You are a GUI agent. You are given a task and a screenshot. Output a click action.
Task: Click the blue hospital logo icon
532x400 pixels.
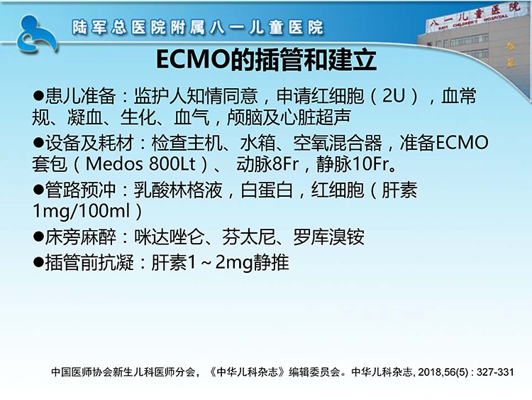pos(37,34)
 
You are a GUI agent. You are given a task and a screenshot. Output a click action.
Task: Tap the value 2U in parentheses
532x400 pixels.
pos(394,96)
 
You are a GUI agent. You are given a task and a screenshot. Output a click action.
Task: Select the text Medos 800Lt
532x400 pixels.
pos(141,164)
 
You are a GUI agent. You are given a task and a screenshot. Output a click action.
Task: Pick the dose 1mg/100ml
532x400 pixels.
pos(82,211)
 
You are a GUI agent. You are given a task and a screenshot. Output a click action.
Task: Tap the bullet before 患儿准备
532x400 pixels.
pos(38,95)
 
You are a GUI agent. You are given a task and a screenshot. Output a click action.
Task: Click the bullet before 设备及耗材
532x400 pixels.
pos(38,142)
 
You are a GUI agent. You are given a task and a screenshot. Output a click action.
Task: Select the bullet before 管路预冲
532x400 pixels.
pos(38,189)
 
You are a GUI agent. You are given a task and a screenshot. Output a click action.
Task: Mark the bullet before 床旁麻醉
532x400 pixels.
pos(38,236)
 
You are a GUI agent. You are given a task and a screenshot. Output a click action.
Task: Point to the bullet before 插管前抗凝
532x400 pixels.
pos(38,262)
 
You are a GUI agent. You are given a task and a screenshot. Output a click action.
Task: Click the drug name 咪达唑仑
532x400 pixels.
pos(169,237)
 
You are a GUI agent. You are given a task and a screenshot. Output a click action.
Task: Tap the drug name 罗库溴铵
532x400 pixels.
pos(328,237)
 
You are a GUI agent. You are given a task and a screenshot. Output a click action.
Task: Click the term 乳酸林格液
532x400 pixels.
pos(178,190)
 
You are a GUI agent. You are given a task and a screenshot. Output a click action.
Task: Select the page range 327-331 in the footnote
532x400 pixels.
pos(495,372)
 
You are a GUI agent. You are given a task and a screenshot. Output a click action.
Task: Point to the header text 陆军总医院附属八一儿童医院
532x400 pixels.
pos(197,28)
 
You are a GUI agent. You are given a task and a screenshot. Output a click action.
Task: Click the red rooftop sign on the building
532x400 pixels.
pos(475,16)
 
